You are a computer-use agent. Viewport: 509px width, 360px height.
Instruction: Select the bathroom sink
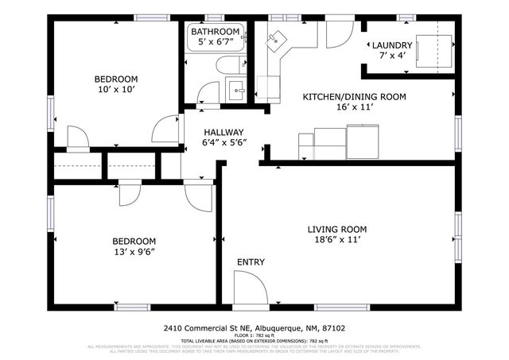tap(236, 88)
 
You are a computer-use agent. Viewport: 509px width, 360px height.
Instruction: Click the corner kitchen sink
tap(277, 40)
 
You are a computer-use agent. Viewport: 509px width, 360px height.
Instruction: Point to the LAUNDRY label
tap(392, 45)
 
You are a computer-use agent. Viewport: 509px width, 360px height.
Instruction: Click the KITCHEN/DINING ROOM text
tap(354, 96)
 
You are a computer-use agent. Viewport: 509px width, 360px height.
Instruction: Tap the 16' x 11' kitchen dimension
tap(354, 106)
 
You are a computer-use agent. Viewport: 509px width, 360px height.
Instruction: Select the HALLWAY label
tap(223, 132)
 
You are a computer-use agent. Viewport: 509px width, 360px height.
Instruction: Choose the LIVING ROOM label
tap(337, 229)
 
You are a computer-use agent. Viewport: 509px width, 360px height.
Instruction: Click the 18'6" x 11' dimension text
tap(337, 240)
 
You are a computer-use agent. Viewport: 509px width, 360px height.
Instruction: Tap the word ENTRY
tap(251, 261)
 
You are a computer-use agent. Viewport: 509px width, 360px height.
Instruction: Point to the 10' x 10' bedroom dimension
tap(116, 89)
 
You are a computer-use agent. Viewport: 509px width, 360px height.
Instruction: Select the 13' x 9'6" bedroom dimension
tap(133, 251)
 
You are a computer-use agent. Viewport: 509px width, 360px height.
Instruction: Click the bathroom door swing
tap(208, 92)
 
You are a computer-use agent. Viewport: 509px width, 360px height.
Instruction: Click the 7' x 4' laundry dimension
tap(392, 56)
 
